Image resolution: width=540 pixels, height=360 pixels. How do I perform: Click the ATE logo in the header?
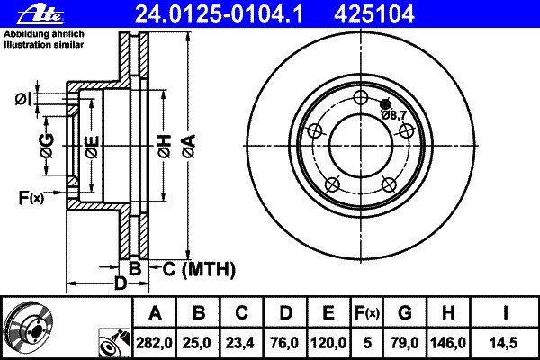coord(40,14)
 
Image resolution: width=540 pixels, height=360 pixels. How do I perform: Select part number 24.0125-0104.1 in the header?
coord(219,14)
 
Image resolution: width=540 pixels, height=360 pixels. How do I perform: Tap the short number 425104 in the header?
coord(374,14)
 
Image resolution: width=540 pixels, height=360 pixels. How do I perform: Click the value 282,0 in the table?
coord(154,343)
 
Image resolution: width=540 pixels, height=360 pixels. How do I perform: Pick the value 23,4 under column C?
coord(241,343)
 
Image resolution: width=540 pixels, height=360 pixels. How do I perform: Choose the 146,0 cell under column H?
coord(447,343)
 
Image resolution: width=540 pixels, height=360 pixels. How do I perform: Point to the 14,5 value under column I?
coord(505,343)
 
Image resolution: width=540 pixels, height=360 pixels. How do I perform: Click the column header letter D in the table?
coord(285,313)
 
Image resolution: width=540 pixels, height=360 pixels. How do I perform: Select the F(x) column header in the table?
coord(367,313)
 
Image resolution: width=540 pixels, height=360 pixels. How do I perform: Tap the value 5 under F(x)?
coord(367,343)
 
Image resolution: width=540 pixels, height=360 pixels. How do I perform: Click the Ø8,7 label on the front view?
coord(393,115)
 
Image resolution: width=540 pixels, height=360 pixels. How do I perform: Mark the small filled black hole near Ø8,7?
coord(385,103)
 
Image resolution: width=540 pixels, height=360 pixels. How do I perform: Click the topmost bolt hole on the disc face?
coord(361,97)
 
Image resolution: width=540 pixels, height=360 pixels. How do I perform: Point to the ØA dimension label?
coord(189,147)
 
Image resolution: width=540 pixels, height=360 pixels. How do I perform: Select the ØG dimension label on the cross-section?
coord(47,146)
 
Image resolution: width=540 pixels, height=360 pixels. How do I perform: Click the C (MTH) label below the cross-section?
coord(199,269)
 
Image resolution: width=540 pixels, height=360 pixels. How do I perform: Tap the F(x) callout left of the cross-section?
coord(31,198)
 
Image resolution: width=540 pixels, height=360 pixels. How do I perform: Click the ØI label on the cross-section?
coord(23,100)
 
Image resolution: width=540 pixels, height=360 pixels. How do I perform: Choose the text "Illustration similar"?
coord(44,45)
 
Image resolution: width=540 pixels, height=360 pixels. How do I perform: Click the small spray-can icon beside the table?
coord(114,343)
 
